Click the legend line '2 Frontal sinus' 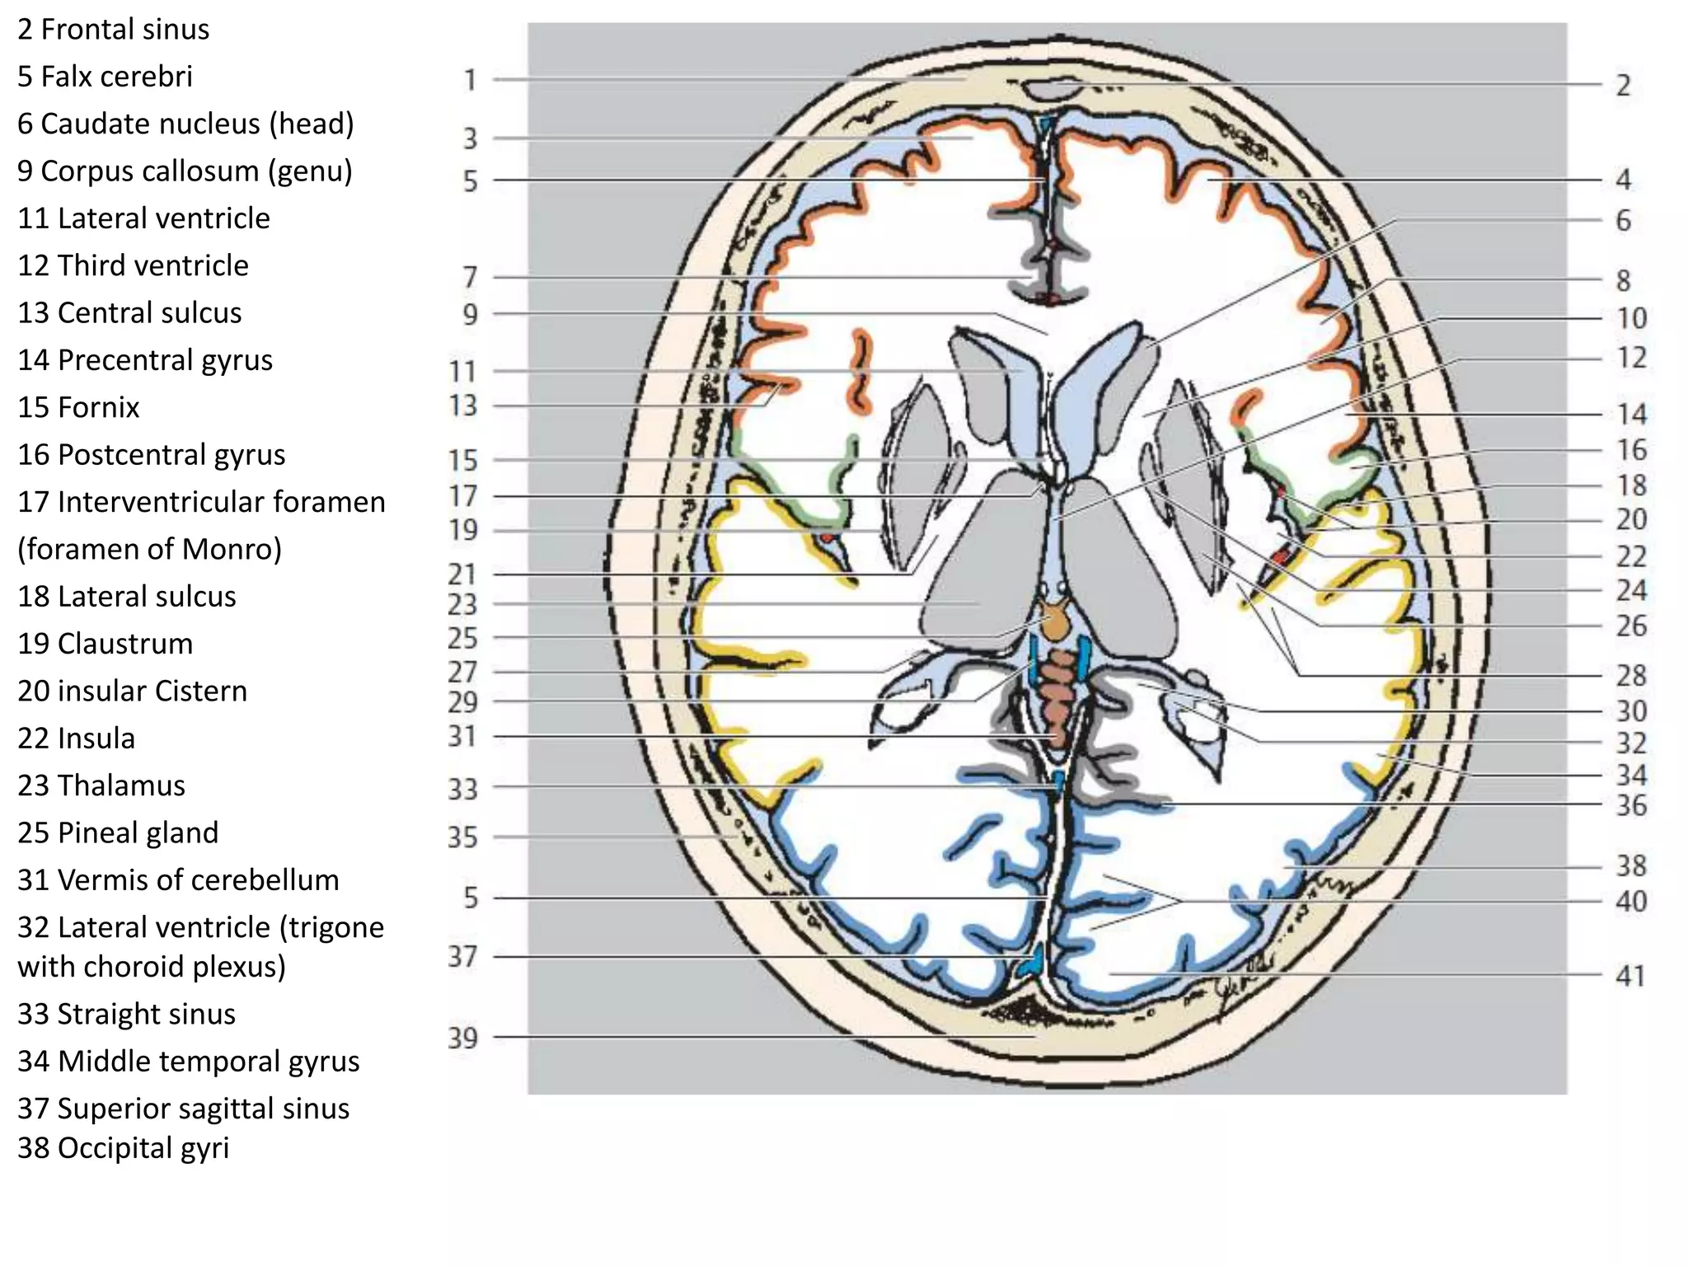tap(114, 30)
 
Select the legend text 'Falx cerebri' tap(116, 77)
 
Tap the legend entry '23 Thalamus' tap(101, 785)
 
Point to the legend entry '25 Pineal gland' tap(118, 832)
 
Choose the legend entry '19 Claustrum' tap(105, 644)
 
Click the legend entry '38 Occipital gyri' tap(124, 1147)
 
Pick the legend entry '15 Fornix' tap(79, 407)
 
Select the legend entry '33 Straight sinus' tap(127, 1014)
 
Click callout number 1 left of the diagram tap(470, 81)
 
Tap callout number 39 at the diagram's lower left tap(462, 1038)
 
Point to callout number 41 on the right tap(1629, 976)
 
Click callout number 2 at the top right tap(1623, 86)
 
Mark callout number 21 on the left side tap(462, 574)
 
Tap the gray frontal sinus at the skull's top tap(1049, 89)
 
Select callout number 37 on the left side tap(462, 957)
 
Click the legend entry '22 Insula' tap(77, 738)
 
